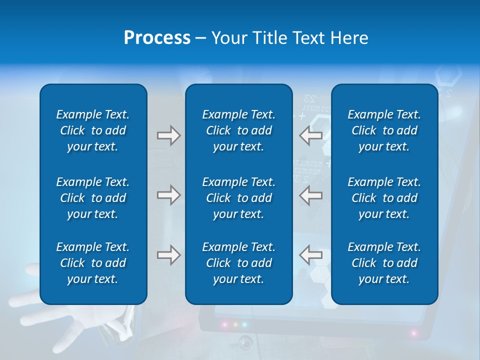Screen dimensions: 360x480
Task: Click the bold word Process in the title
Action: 157,38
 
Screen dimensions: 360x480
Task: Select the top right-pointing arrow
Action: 168,135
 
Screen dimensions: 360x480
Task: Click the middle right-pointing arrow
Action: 168,195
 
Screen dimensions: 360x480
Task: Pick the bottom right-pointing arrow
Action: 168,255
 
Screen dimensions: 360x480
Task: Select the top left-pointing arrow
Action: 311,135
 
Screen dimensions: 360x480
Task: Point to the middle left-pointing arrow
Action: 311,195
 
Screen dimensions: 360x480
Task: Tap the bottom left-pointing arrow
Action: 311,255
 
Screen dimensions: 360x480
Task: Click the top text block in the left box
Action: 93,130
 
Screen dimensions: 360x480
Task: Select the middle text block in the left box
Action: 93,198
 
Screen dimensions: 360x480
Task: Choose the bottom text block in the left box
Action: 93,263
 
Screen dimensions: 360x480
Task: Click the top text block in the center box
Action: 239,130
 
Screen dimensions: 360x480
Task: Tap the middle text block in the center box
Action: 239,198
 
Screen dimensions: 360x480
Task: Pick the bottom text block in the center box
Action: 239,263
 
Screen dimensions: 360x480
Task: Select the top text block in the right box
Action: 384,130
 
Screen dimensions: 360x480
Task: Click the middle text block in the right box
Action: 384,198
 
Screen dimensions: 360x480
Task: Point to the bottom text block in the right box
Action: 384,263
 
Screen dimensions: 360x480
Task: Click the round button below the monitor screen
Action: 245,342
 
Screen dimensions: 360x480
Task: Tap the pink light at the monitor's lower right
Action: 414,332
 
